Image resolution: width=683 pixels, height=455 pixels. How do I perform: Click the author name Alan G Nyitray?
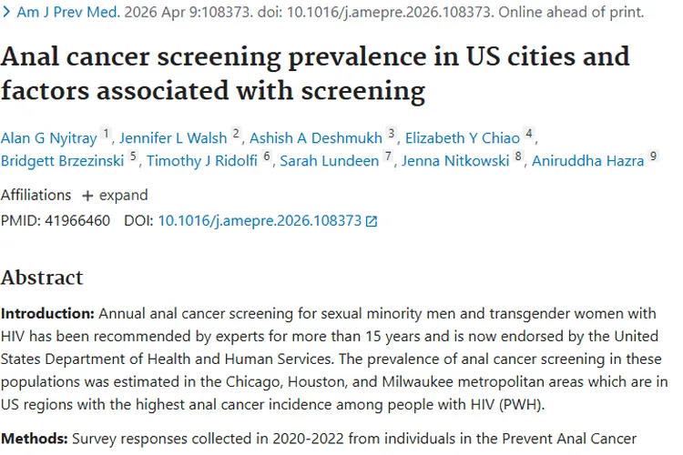(x=48, y=137)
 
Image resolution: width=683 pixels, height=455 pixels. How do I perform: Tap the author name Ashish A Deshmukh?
(x=316, y=137)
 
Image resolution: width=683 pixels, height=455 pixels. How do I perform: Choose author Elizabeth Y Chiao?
(x=463, y=137)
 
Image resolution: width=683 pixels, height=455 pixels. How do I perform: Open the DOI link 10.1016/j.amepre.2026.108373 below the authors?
(x=260, y=220)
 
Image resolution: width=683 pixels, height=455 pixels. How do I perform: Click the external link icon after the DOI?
(x=371, y=221)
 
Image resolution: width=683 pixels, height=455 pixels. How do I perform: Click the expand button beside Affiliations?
(x=114, y=195)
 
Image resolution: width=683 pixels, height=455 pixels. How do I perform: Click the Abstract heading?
(x=42, y=278)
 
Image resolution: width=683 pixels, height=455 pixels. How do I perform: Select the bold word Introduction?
(x=47, y=313)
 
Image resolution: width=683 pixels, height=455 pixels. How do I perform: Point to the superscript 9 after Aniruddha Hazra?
(x=653, y=157)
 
